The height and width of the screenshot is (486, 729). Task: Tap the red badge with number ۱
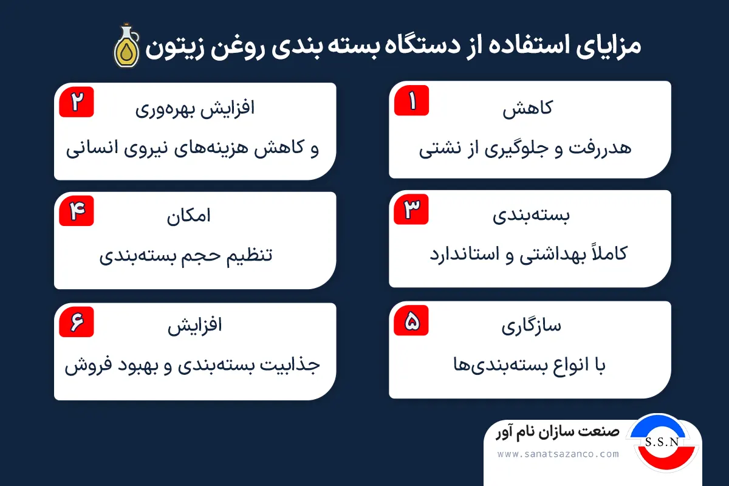tap(411, 100)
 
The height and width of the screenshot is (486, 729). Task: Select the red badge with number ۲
tap(77, 101)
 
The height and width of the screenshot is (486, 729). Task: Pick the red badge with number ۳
tap(411, 210)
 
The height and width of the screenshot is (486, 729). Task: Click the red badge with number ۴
tap(77, 211)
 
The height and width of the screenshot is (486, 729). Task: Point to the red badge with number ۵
tap(411, 321)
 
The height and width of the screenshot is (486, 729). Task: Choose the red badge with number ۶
tap(77, 322)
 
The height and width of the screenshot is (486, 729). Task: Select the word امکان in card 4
tap(189, 217)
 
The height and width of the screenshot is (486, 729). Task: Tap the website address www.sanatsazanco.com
tap(558, 454)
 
